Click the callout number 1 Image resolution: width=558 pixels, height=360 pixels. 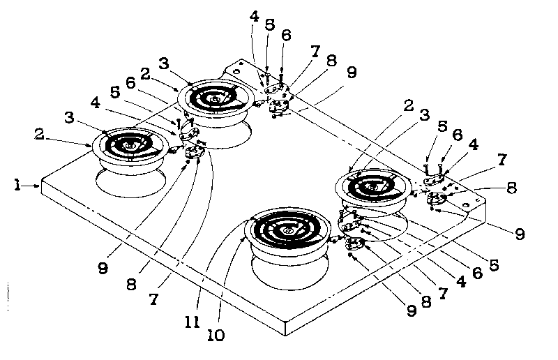click(16, 185)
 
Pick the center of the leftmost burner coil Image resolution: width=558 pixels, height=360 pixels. click(128, 145)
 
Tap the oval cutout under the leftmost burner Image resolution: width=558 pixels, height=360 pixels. click(130, 184)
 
